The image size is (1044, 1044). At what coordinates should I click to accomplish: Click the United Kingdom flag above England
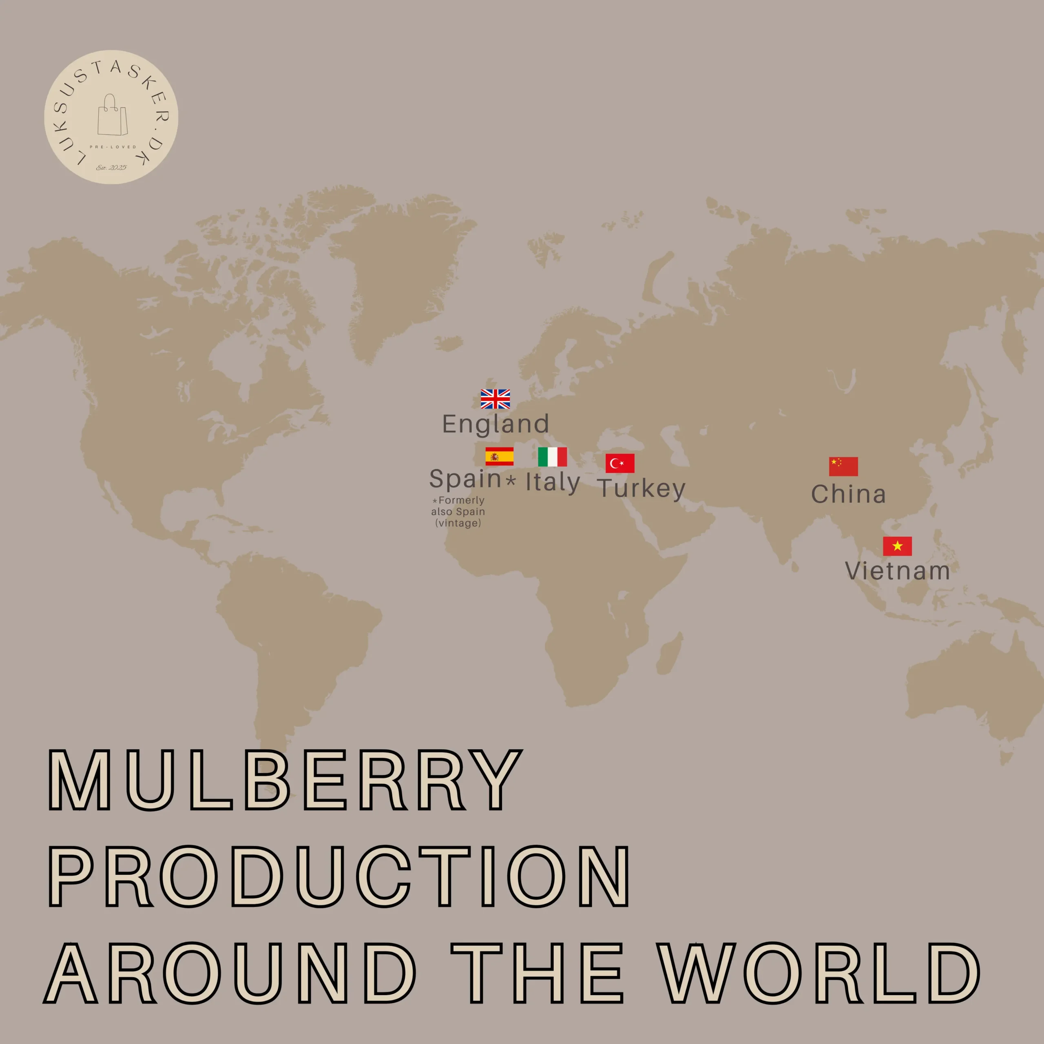point(495,399)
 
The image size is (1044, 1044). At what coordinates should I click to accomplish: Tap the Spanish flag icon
point(499,457)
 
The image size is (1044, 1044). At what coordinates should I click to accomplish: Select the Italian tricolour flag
point(552,457)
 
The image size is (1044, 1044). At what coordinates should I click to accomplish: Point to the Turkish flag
point(620,464)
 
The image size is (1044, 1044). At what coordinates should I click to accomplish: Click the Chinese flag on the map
point(843,467)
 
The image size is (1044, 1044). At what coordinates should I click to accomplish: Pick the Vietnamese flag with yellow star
point(897,546)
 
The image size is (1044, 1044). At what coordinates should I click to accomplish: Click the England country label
point(495,424)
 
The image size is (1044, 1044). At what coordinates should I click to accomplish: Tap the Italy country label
point(553,482)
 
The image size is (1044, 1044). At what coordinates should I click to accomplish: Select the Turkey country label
point(641,489)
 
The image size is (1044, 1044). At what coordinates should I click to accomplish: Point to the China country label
point(848,494)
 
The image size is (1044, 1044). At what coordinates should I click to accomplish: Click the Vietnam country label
point(898,571)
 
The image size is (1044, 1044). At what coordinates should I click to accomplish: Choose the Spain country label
point(465,479)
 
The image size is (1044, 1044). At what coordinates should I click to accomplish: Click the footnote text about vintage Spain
point(458,512)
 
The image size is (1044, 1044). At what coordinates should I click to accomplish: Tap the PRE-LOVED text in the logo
point(113,147)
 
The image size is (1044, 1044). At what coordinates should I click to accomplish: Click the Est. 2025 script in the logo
point(111,168)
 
